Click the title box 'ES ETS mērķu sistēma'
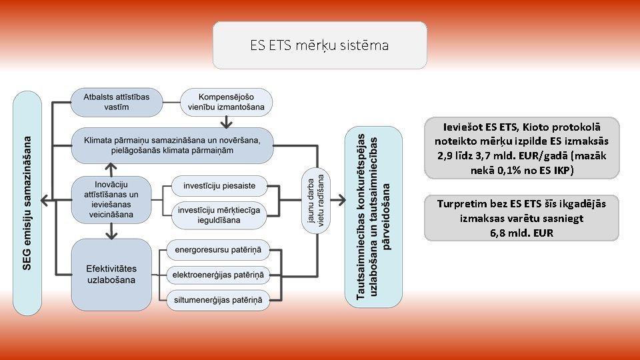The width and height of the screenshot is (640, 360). coord(319,45)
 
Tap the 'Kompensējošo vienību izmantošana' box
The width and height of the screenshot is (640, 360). coord(227,101)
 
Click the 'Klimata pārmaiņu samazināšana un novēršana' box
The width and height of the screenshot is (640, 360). coord(173,145)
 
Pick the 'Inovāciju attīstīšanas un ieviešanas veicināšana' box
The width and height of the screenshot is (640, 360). coord(113,199)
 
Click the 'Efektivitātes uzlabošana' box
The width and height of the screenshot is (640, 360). coord(111,274)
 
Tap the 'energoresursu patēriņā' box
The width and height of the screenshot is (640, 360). coord(219,251)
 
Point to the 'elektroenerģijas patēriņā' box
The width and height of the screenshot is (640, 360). coord(219,274)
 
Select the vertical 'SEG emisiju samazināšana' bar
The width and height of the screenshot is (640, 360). coord(28,203)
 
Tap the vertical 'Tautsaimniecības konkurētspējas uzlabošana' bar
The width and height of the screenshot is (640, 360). coord(373,217)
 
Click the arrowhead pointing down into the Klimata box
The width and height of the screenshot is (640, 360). coord(227,123)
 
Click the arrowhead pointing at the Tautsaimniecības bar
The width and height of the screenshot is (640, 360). coord(341,199)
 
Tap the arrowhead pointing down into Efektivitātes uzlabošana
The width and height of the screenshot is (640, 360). coord(112,233)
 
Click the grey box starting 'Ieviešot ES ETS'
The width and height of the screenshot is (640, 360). coord(521,147)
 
